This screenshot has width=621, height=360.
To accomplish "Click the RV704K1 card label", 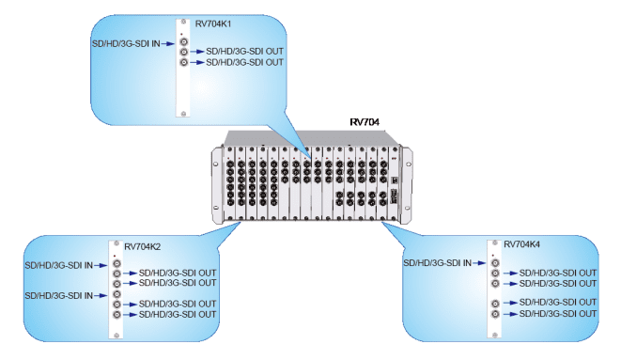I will (x=217, y=22).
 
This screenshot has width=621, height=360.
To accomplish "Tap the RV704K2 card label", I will (x=144, y=245).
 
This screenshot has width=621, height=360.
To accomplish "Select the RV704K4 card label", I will (x=522, y=243).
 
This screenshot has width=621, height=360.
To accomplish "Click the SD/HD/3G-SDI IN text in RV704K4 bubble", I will (x=438, y=263).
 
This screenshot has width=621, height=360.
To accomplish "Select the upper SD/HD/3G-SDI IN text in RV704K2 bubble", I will (x=58, y=266).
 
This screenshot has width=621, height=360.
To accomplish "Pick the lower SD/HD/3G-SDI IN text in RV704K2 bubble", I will (x=58, y=295).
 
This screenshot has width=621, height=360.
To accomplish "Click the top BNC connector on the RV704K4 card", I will (x=494, y=264).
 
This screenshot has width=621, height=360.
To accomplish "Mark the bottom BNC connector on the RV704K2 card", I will (x=116, y=315).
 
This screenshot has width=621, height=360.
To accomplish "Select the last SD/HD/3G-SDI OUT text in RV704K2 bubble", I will (x=177, y=315).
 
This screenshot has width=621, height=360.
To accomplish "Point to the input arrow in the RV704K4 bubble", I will (x=477, y=263).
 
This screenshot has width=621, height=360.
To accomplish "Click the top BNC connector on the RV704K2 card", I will (x=116, y=265).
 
